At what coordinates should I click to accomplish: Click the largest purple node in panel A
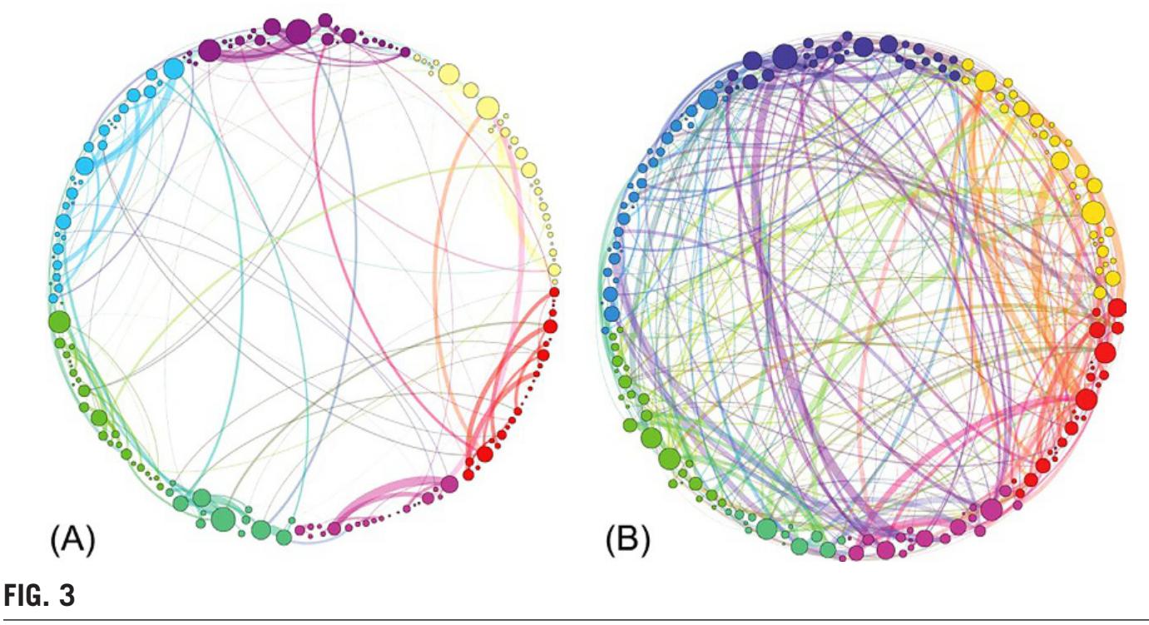click(x=299, y=32)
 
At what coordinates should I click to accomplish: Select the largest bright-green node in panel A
click(x=59, y=321)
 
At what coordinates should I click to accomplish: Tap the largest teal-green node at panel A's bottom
click(x=222, y=519)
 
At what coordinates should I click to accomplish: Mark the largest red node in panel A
click(x=483, y=454)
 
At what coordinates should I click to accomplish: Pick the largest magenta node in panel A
click(x=449, y=484)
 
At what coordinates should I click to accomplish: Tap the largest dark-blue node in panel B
click(x=784, y=57)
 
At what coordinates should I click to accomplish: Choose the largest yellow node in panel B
click(x=1092, y=212)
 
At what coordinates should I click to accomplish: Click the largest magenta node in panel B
click(x=991, y=509)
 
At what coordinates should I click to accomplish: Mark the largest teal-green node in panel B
click(x=766, y=529)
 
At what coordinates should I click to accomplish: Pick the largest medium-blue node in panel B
click(x=708, y=99)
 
